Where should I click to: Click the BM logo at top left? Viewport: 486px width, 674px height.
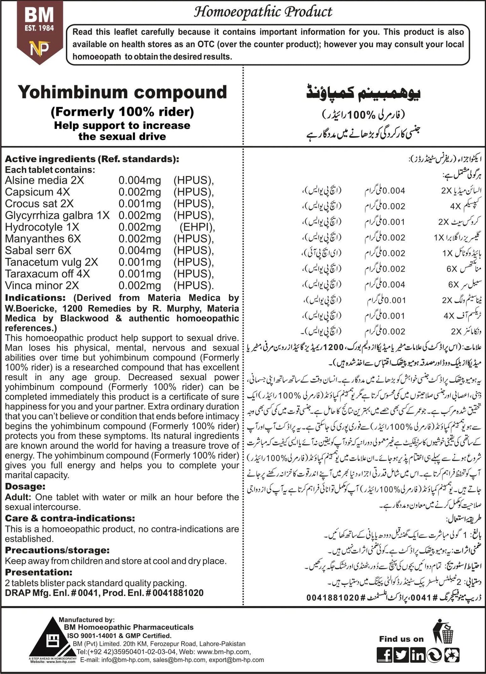pos(39,32)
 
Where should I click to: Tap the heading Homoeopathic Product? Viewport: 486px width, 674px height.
pos(263,12)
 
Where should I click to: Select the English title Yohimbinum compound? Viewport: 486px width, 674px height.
pos(122,92)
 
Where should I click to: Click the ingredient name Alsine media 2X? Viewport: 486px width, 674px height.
pos(44,180)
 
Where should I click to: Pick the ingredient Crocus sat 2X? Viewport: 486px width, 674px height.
pos(39,204)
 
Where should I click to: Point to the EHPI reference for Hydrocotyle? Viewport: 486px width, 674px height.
pos(197,227)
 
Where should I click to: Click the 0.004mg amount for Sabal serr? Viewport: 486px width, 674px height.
pos(140,250)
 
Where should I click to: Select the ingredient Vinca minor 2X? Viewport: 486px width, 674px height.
pos(42,285)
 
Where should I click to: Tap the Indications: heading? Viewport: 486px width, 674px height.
pos(35,298)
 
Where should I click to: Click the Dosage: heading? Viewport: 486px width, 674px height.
pos(25,486)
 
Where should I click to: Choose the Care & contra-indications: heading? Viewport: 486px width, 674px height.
pos(70,518)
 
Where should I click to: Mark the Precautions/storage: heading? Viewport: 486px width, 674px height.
pos(57,550)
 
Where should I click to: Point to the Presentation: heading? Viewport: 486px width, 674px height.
pos(39,572)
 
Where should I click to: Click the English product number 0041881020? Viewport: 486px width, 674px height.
pos(178,593)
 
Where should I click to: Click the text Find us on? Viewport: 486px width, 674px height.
pos(401,639)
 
